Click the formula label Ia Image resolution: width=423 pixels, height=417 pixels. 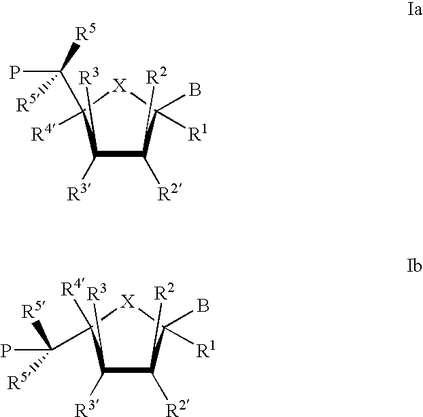point(415,10)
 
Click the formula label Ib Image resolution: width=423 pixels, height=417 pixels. point(414,266)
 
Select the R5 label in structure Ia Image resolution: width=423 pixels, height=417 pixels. point(86,33)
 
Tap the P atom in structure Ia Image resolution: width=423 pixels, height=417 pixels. point(15,73)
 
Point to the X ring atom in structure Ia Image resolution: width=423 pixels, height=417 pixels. point(120,86)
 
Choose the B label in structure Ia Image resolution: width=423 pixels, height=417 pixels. point(194,90)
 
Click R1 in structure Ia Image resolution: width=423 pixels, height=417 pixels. point(198,132)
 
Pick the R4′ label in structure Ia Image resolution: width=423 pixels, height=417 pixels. point(43,133)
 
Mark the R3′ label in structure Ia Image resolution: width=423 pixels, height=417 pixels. point(78,192)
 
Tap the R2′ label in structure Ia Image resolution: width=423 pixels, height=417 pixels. point(168,192)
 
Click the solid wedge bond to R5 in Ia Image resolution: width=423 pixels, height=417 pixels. point(69,57)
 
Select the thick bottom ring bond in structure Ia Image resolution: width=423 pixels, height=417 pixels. point(120,153)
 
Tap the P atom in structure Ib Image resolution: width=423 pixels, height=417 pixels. point(6,351)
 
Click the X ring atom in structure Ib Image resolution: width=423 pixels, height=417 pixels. point(127,301)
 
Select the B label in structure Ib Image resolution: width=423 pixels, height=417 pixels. point(203,306)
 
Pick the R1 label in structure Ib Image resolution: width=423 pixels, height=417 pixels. point(206,349)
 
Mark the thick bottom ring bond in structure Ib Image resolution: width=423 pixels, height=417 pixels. point(128,370)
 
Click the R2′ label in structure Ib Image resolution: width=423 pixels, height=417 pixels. point(176,408)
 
